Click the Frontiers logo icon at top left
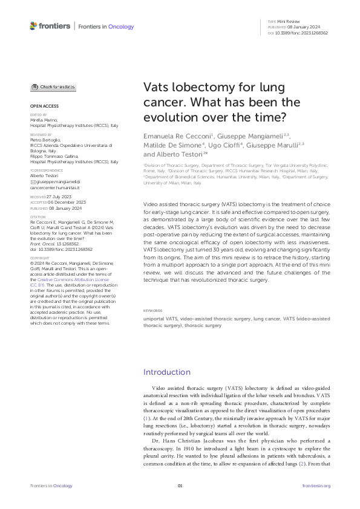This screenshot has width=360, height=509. click(x=33, y=25)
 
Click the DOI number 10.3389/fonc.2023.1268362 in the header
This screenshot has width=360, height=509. click(x=303, y=33)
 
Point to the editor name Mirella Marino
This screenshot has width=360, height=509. click(x=43, y=120)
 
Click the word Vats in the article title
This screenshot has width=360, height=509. click(x=156, y=88)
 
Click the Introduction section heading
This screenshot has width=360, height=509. click(x=166, y=372)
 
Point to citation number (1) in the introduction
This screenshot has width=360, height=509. click(x=146, y=417)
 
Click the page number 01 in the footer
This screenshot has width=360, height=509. click(x=180, y=485)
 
